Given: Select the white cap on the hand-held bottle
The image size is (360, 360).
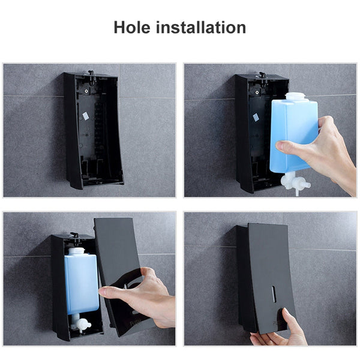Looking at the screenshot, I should click(x=295, y=97).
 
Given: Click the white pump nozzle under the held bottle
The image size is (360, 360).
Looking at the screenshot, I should click(x=295, y=180).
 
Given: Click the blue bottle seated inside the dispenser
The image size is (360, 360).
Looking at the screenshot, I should click(x=81, y=282).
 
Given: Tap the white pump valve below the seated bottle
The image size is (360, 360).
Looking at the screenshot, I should click(x=79, y=325).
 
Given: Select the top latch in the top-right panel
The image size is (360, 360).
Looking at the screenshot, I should click(x=262, y=76).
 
